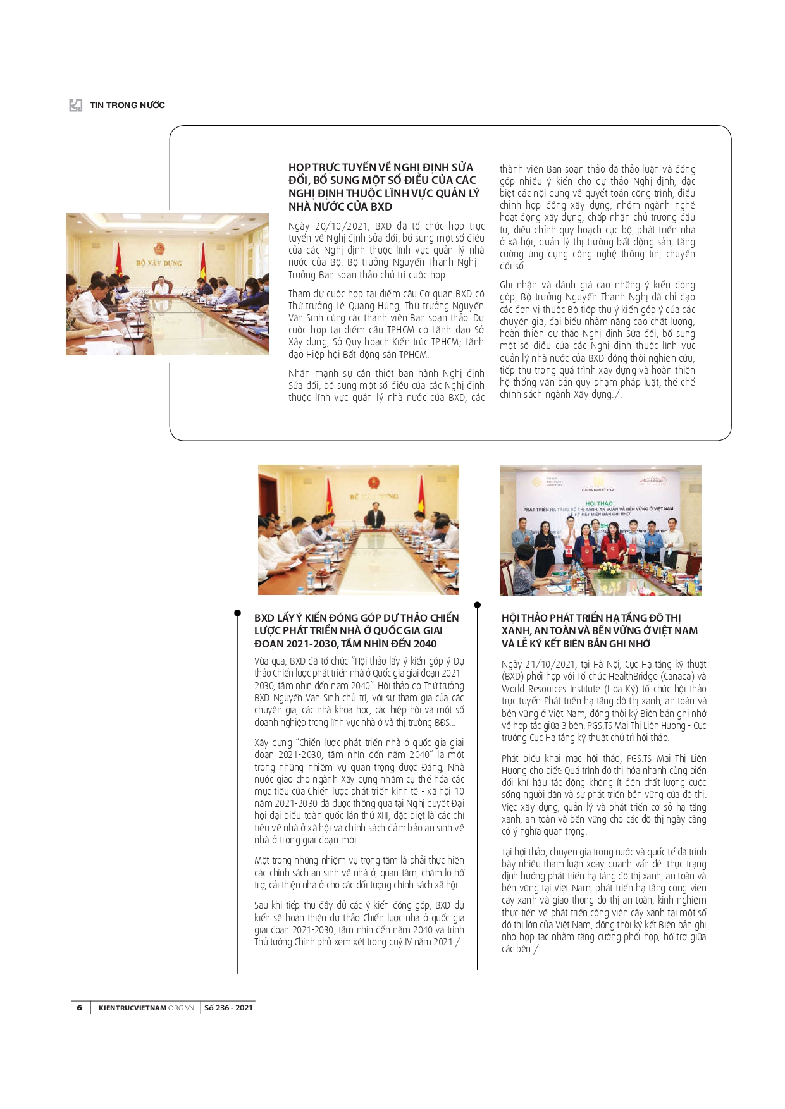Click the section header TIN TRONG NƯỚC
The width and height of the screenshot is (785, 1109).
[127, 105]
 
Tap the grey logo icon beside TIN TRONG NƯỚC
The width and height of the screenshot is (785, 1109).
[76, 105]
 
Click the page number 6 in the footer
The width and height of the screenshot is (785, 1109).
[79, 1007]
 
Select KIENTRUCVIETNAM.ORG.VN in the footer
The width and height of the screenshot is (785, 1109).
[146, 1007]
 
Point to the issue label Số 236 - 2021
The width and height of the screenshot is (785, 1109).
[228, 1007]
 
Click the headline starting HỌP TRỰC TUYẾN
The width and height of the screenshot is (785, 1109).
[383, 187]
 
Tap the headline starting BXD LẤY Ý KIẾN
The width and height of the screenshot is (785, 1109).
[357, 630]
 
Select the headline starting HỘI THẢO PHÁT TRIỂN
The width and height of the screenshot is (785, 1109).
[599, 630]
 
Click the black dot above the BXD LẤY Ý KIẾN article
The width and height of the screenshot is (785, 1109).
[237, 613]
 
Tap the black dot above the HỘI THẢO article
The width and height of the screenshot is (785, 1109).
[478, 605]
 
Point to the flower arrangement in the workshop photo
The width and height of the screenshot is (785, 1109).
[609, 570]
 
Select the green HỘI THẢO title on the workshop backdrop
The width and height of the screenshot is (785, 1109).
[598, 503]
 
